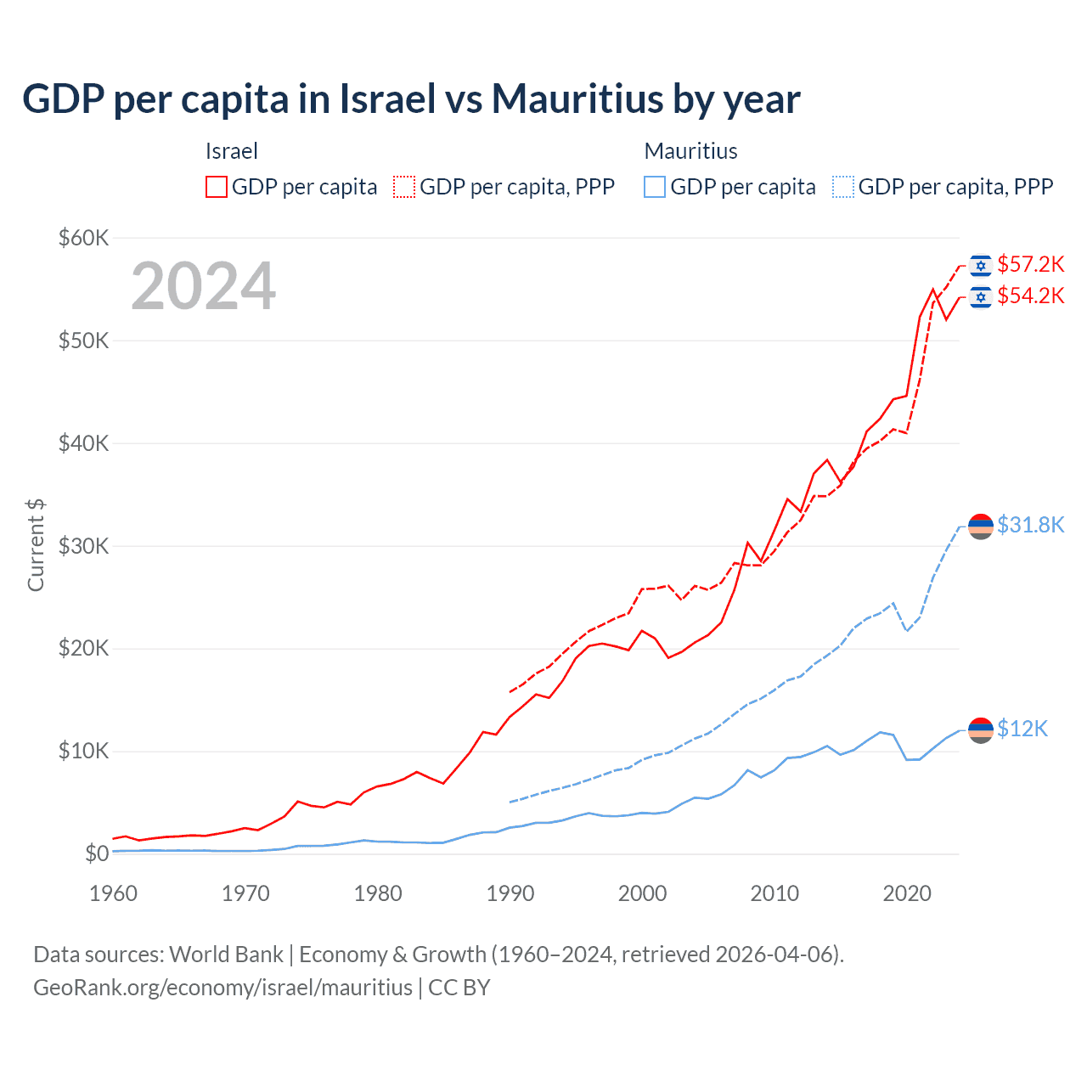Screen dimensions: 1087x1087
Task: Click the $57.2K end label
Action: pos(1030,265)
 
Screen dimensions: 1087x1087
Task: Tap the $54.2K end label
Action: pos(1030,296)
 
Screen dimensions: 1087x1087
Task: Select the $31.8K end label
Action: pos(1030,526)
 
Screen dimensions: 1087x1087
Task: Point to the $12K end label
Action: pos(1022,729)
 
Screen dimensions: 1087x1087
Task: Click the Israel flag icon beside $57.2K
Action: pos(981,266)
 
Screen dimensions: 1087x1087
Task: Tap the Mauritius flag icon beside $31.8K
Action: pos(981,527)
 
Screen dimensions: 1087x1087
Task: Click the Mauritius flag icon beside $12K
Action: pos(981,730)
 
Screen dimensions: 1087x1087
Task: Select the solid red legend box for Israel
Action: pos(217,187)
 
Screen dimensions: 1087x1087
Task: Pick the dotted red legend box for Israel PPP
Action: pos(404,187)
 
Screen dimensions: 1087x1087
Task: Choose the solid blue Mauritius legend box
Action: pos(655,187)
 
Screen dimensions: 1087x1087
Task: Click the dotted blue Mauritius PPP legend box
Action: pos(843,187)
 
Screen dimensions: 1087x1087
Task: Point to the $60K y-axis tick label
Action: pos(83,238)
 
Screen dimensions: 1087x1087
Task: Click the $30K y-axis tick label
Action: pos(83,546)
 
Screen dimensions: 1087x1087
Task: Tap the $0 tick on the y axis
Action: pos(97,853)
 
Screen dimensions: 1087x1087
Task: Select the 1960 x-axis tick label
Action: pos(113,893)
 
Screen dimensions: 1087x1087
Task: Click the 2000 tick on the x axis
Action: pos(643,893)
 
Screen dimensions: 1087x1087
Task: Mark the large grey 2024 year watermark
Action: pos(204,286)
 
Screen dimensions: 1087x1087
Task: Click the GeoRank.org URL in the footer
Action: pos(222,988)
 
